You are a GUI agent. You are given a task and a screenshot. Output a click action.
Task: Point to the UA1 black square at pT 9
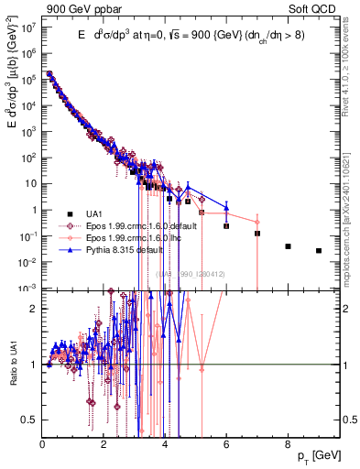319,250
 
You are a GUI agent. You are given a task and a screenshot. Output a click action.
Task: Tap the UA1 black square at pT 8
288,246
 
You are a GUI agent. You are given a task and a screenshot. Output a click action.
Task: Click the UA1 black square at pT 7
257,234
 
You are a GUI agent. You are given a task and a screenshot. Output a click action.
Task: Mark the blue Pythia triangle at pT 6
226,206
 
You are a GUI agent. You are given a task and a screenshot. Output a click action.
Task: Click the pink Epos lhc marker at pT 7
257,222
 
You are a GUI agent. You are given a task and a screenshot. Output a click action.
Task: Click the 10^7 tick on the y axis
30,27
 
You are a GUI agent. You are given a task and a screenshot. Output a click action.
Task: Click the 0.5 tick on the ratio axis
32,420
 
